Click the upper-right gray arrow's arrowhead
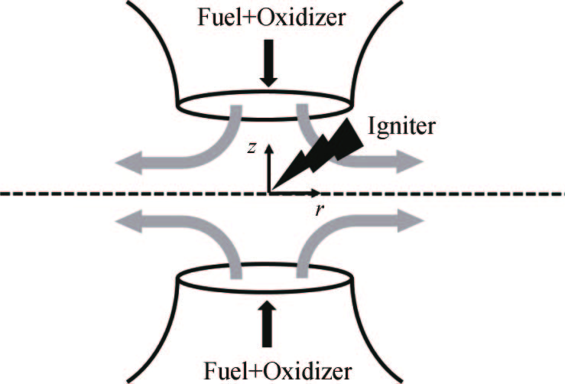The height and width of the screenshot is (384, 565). pos(408,162)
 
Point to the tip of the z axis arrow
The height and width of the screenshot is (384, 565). pos(268,145)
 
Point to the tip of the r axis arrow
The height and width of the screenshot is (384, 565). pos(320,190)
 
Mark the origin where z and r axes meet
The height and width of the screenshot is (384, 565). pos(268,190)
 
